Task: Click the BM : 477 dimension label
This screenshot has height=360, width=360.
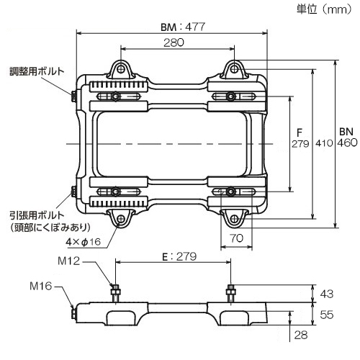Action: tap(183, 27)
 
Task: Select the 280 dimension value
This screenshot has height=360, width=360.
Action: tap(174, 42)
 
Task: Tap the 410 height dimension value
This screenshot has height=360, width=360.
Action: tap(324, 143)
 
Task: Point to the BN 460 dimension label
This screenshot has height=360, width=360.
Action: tap(347, 138)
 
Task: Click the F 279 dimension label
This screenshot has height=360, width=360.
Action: tap(300, 138)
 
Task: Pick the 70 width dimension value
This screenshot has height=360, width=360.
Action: tap(236, 238)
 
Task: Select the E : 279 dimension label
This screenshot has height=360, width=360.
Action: tap(179, 256)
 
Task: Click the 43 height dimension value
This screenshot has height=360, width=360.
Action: tap(327, 294)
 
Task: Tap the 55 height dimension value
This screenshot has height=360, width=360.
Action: tap(327, 315)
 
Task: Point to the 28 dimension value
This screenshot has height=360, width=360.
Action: tap(301, 335)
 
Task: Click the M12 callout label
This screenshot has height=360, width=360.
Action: tap(68, 261)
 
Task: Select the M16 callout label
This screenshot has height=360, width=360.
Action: tap(41, 286)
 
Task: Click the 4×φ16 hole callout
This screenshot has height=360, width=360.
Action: tap(84, 242)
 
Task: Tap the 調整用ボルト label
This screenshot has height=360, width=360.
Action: tap(37, 71)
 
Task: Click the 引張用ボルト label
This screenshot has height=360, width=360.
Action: tap(37, 215)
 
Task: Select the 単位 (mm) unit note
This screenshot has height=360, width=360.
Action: tap(324, 9)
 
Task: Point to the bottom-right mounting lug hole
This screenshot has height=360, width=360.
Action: tap(235, 219)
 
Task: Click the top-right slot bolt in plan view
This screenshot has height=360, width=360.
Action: tap(231, 96)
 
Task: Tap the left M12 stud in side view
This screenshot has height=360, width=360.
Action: tap(115, 294)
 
